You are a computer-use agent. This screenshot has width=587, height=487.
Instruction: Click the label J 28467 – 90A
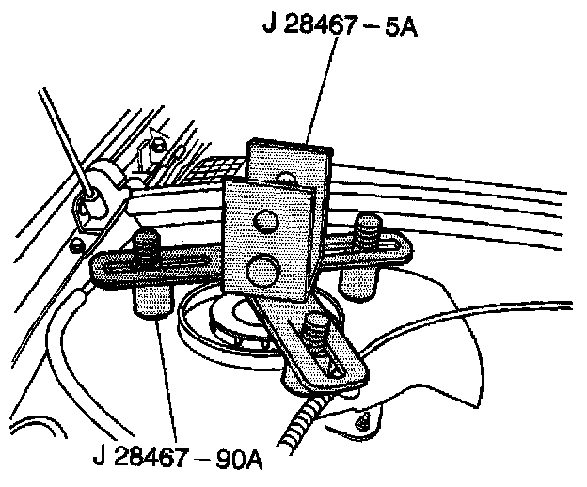click(x=179, y=463)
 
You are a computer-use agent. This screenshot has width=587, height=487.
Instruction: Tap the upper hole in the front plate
click(x=266, y=223)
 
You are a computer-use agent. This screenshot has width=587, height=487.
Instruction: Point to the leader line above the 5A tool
click(x=323, y=85)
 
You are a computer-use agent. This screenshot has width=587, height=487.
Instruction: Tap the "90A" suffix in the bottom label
click(x=241, y=463)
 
